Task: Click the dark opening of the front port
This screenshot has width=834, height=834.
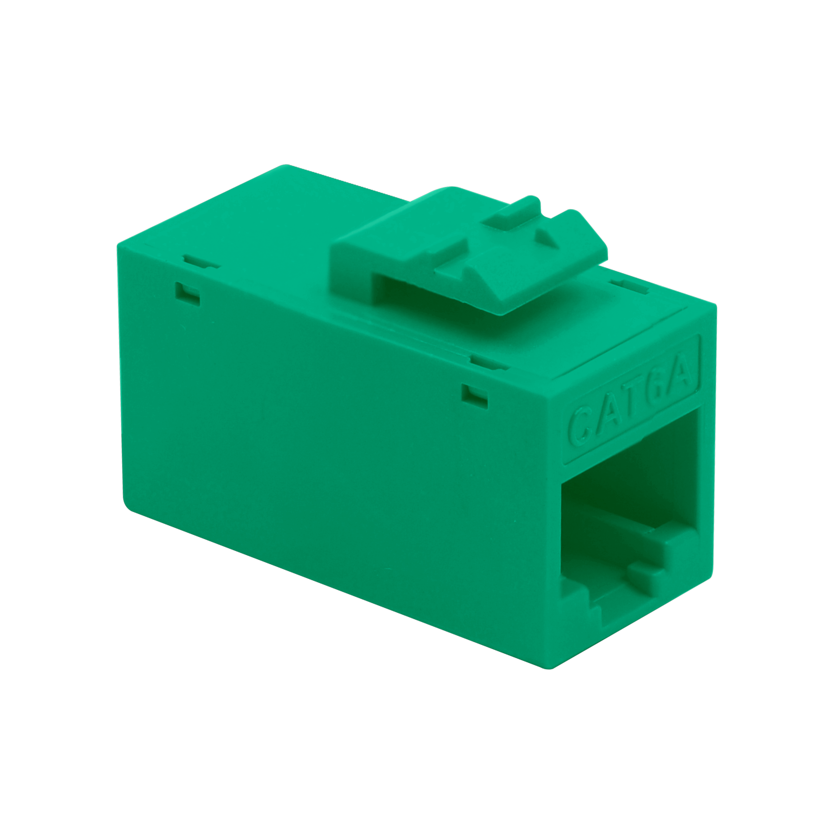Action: [626, 488]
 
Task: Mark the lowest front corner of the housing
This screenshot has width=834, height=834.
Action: [549, 668]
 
